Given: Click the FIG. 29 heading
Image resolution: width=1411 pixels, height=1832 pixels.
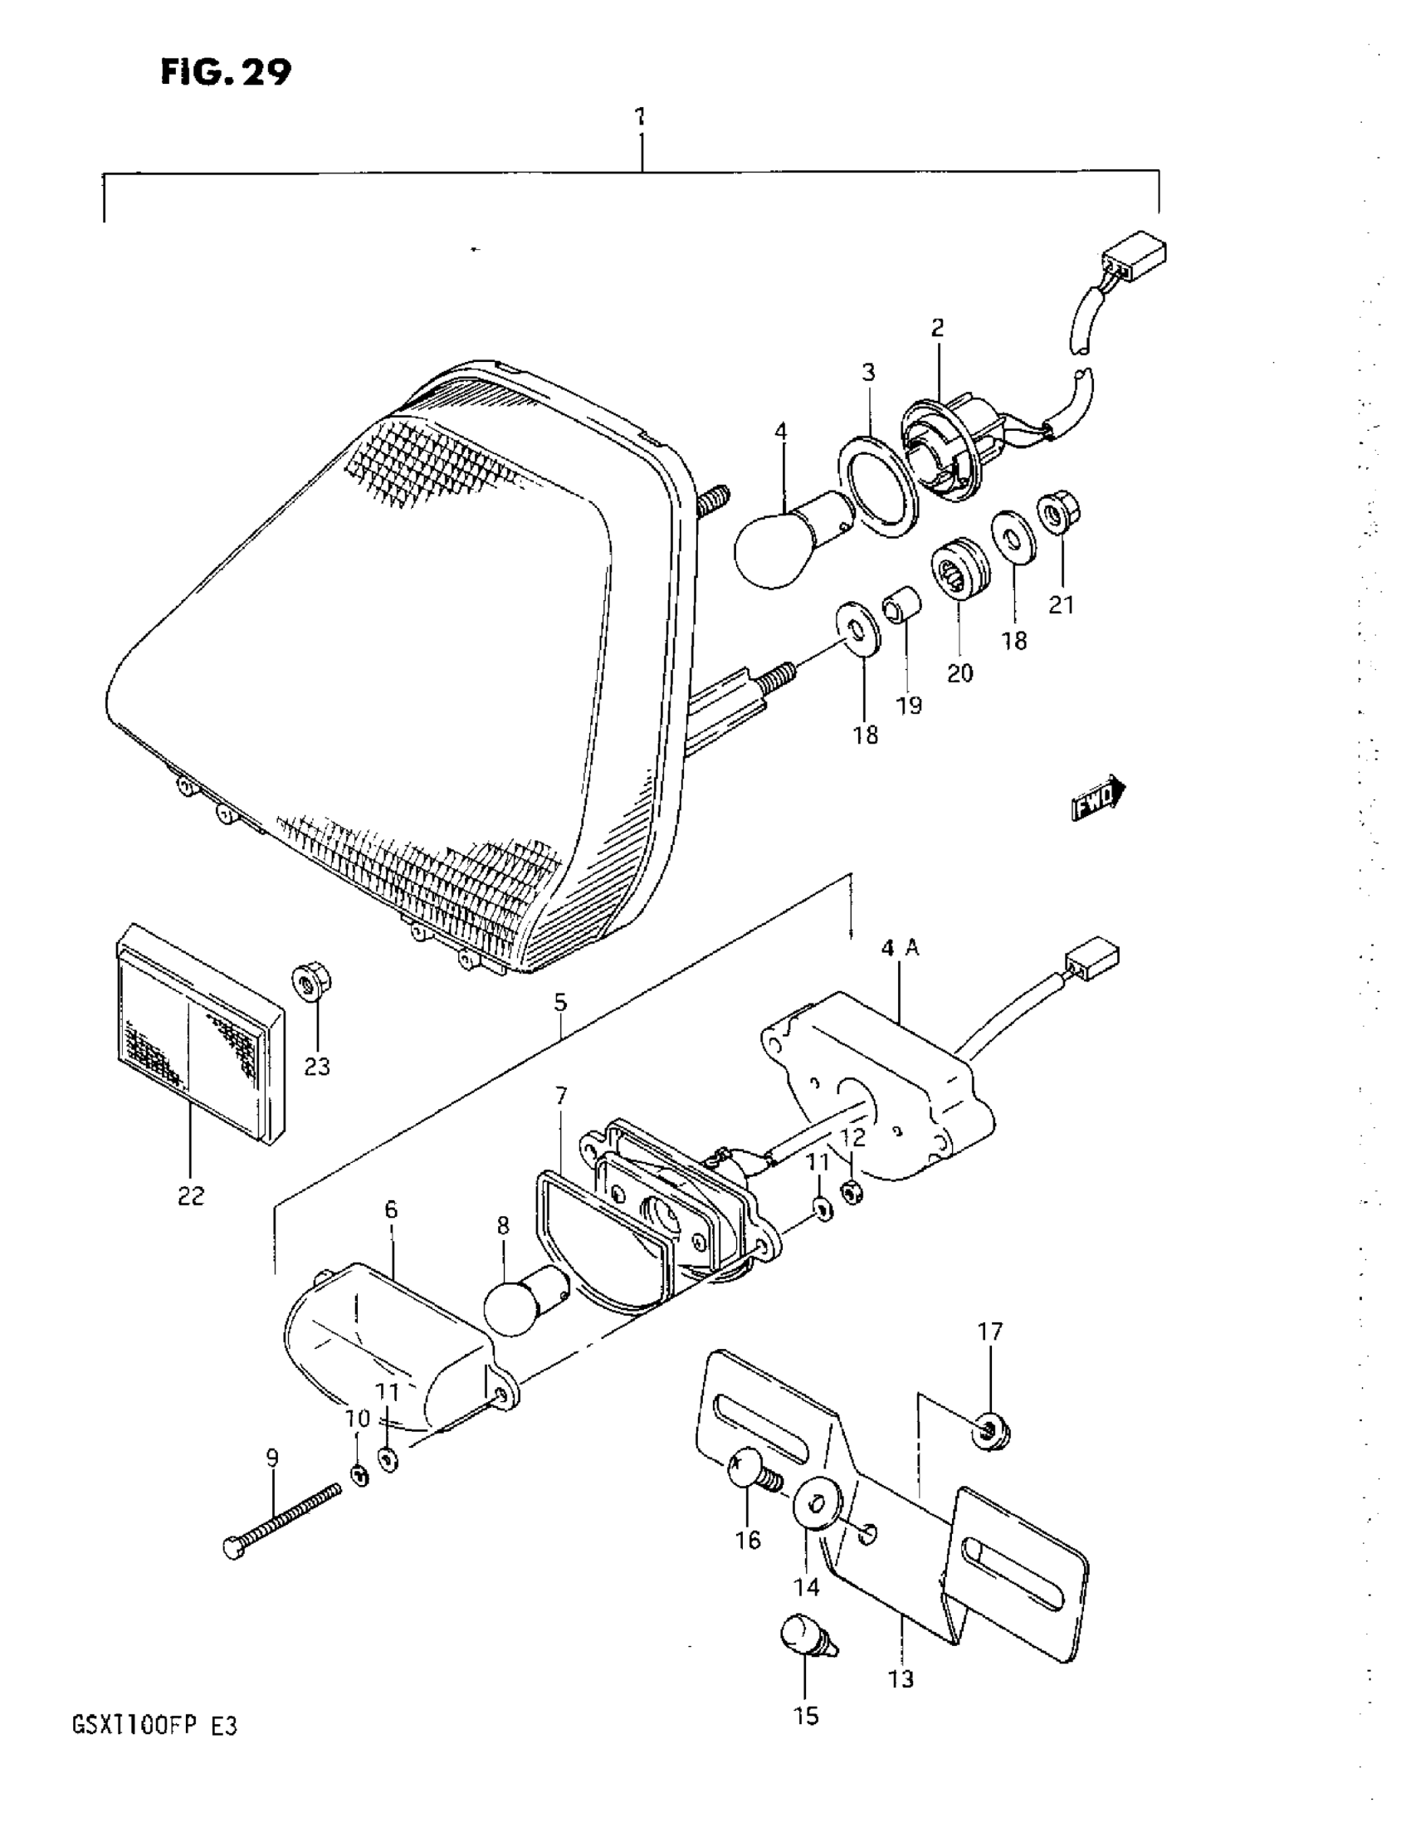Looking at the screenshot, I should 226,73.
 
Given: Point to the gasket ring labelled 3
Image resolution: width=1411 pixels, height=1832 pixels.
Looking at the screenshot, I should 878,486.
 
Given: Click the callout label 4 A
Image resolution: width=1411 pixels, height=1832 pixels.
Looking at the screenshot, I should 900,949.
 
